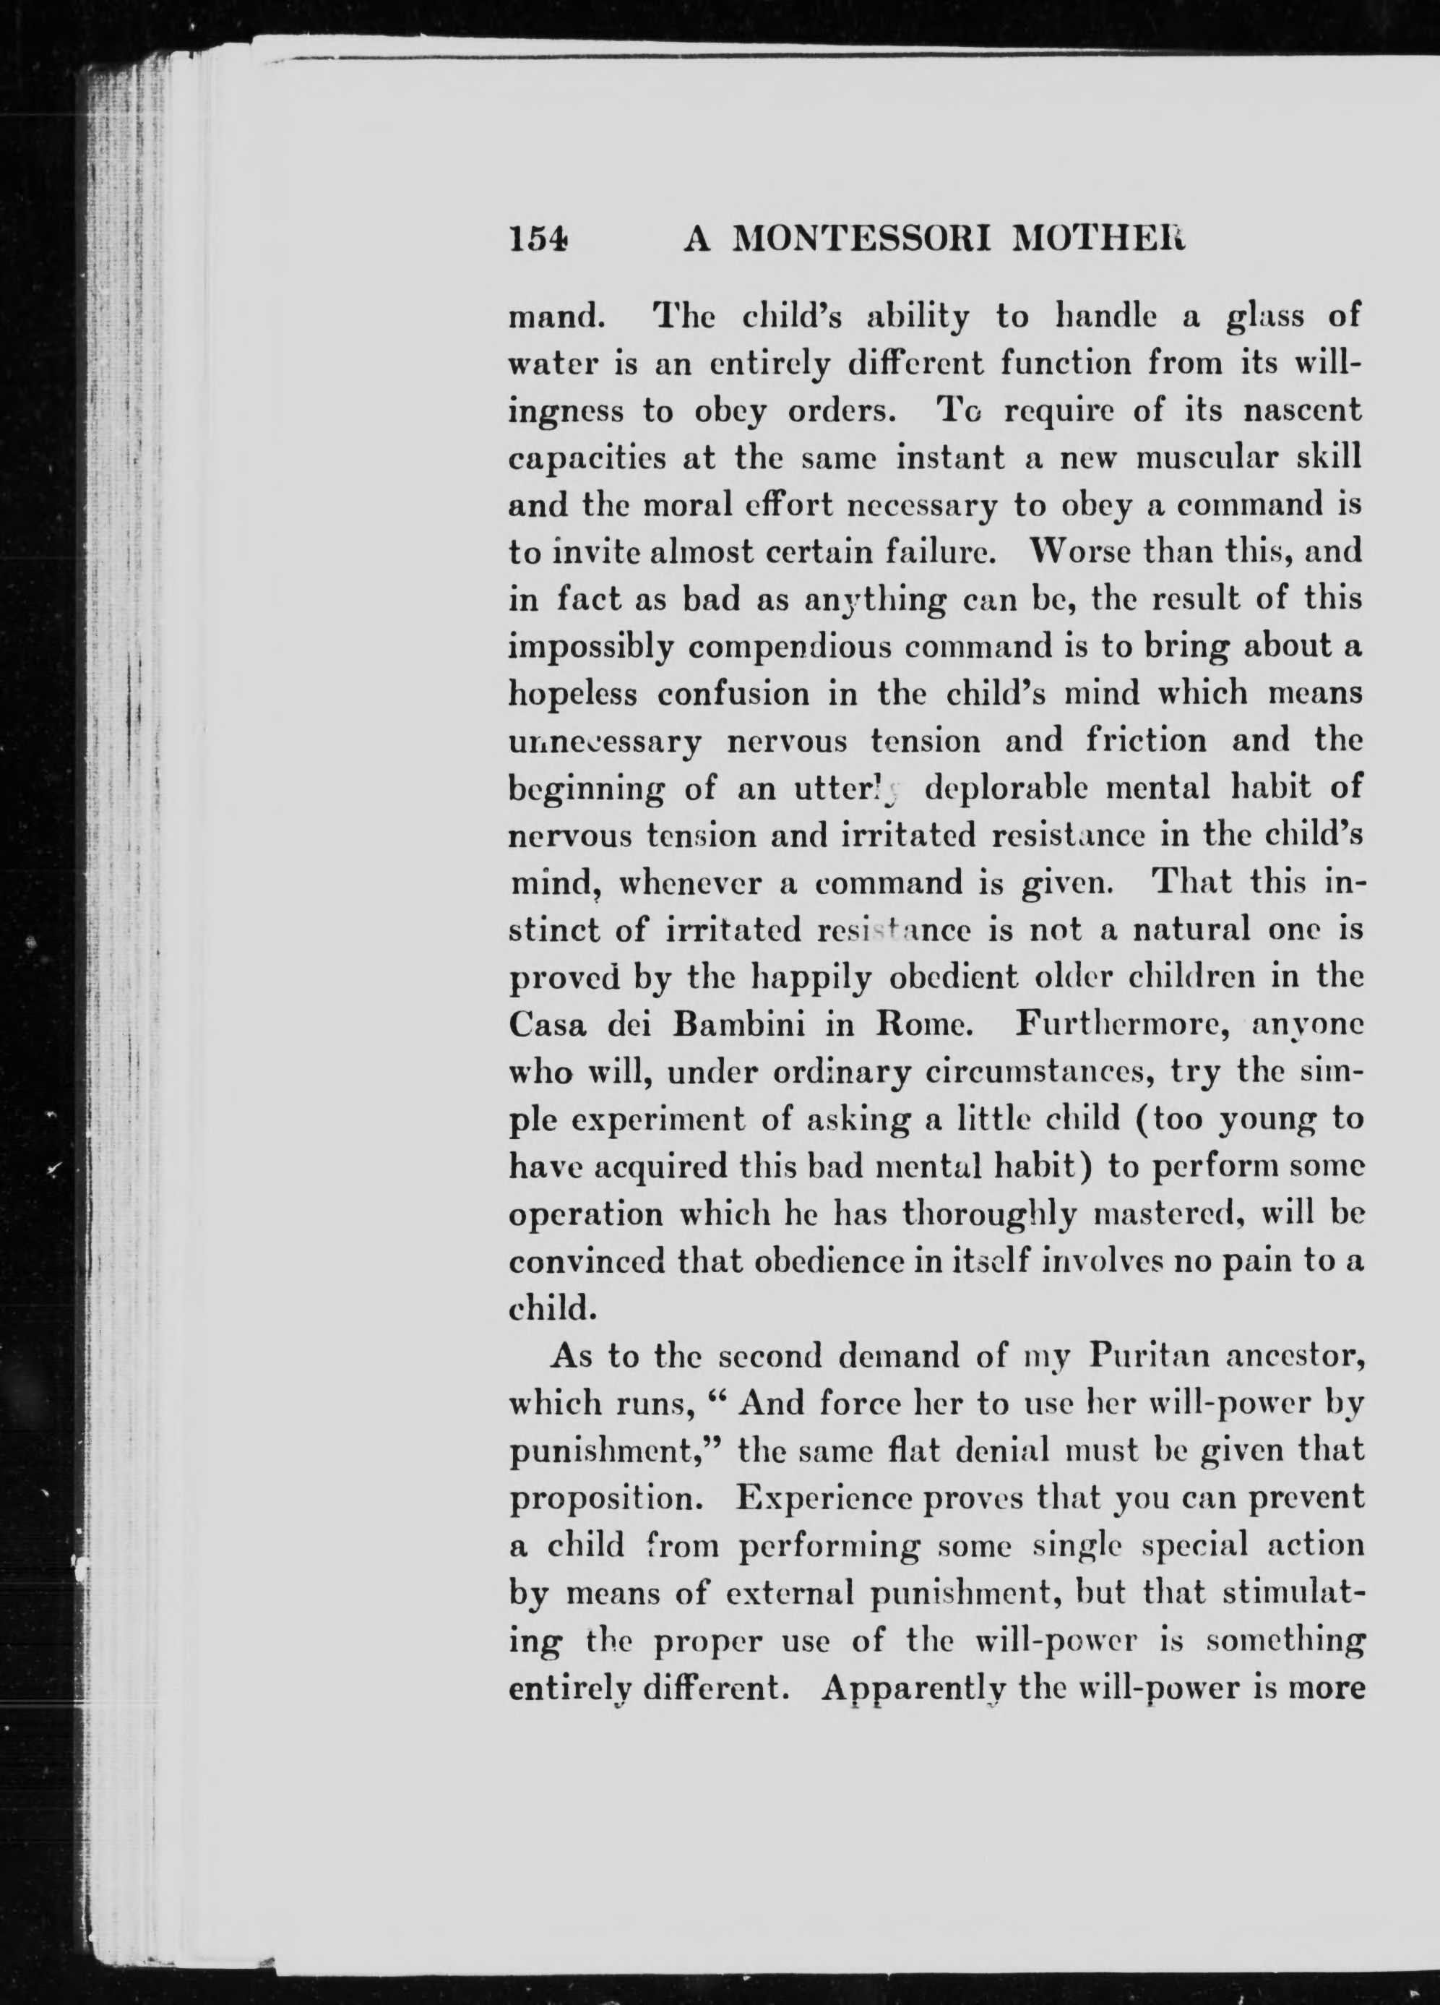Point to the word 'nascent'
[x=1302, y=411]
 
